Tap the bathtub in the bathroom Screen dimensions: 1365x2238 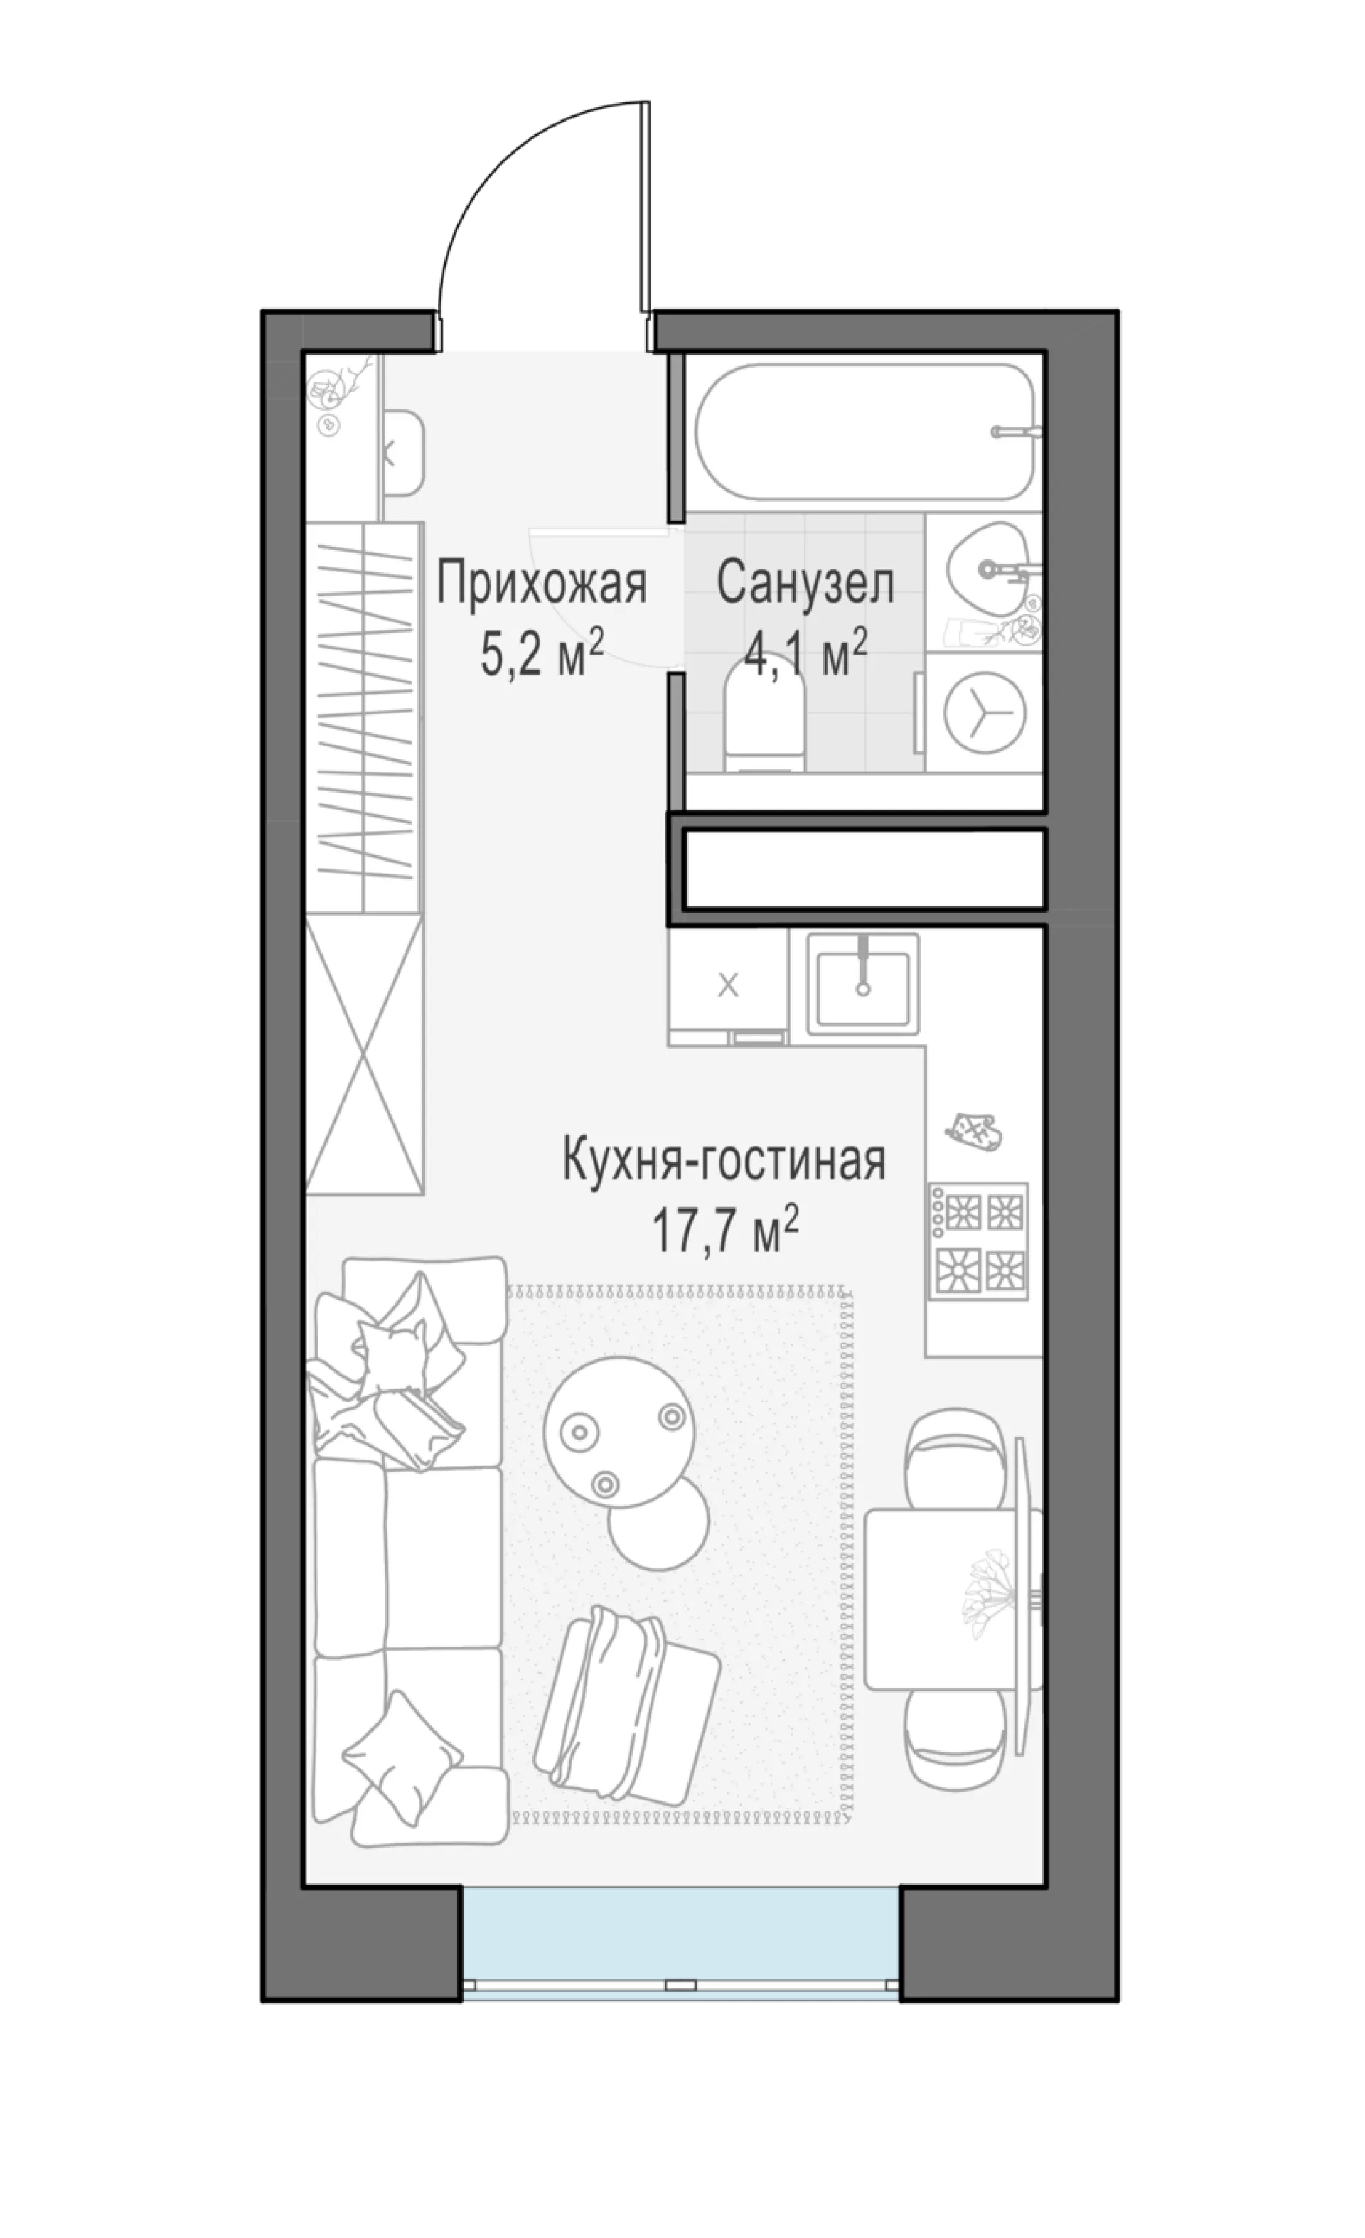[865, 432]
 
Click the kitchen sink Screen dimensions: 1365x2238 [862, 987]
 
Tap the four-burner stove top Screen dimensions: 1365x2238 [978, 1240]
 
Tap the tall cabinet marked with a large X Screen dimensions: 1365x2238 [364, 1053]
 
